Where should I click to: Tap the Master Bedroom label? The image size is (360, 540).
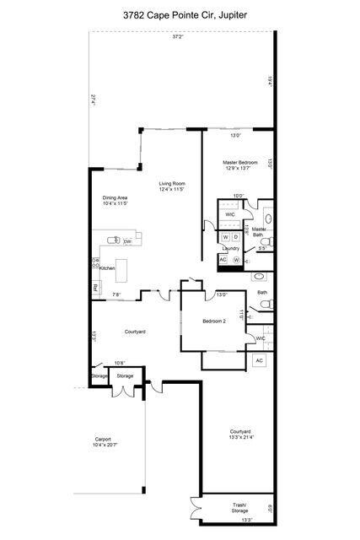click(240, 162)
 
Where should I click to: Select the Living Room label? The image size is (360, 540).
click(172, 184)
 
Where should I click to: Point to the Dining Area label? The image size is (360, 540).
click(115, 199)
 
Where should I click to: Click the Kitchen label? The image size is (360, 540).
click(107, 267)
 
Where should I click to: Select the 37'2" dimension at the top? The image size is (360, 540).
click(178, 37)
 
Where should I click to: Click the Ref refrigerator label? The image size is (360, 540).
click(96, 289)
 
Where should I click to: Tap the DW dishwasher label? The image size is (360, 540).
click(127, 242)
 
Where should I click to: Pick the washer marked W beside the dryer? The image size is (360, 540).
click(225, 236)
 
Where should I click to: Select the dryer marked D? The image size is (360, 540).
click(236, 236)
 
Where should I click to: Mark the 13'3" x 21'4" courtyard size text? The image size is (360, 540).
click(240, 437)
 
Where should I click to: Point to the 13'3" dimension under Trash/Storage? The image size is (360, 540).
click(223, 521)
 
